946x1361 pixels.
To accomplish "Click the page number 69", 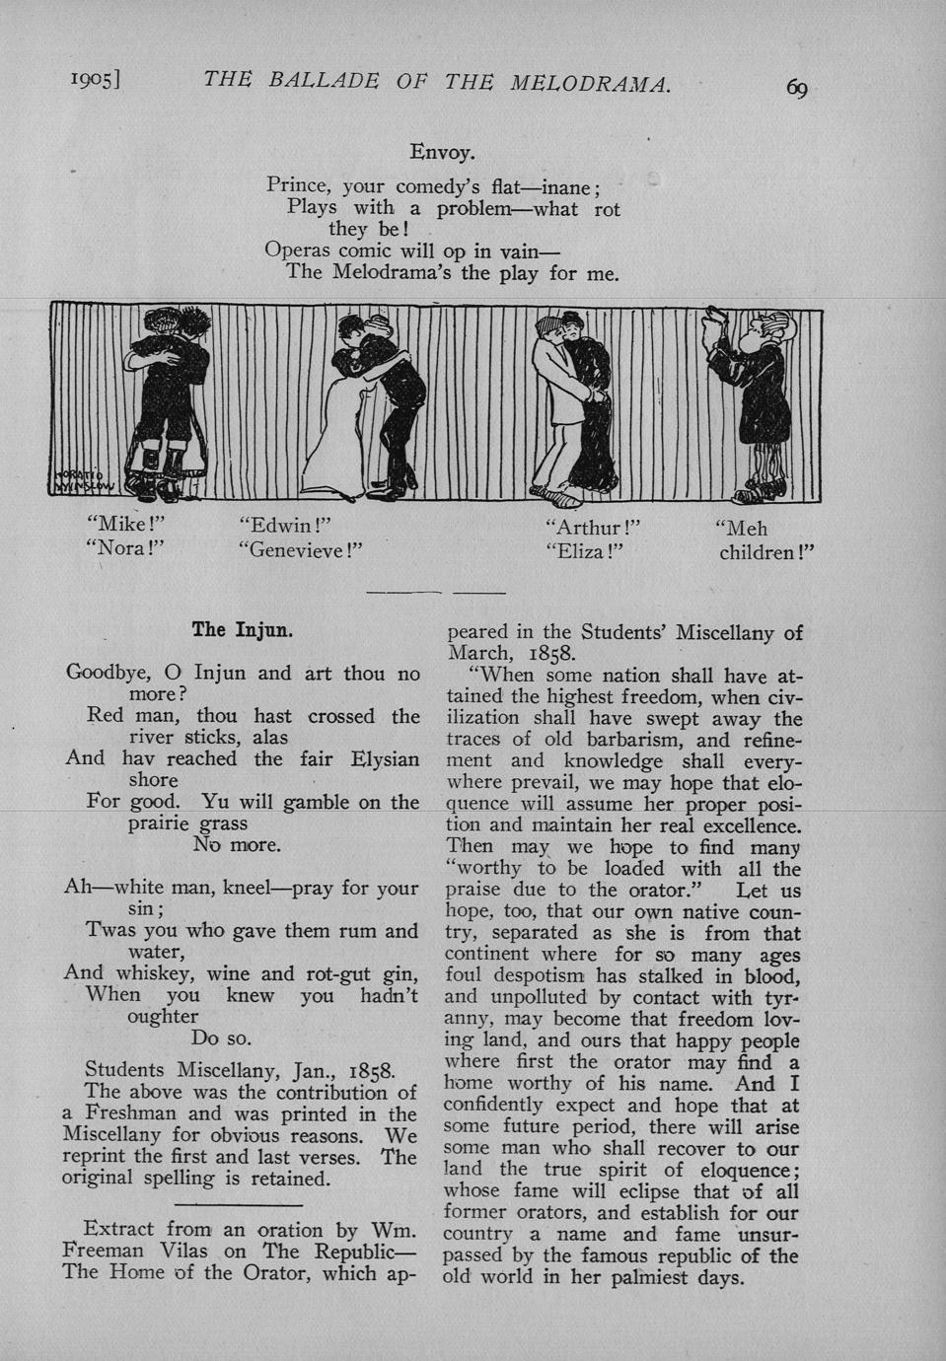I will tap(797, 88).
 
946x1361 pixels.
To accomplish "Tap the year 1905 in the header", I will tap(94, 82).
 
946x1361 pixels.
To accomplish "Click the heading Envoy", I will tap(443, 153).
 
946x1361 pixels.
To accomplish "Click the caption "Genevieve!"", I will tap(301, 550).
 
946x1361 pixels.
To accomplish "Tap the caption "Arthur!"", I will tap(593, 528).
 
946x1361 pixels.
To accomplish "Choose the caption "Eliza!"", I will tap(586, 551).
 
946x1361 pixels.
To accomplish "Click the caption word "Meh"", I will tap(741, 529).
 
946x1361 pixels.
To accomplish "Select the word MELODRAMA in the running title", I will tap(590, 83).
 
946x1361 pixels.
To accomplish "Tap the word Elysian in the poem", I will tap(385, 758).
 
